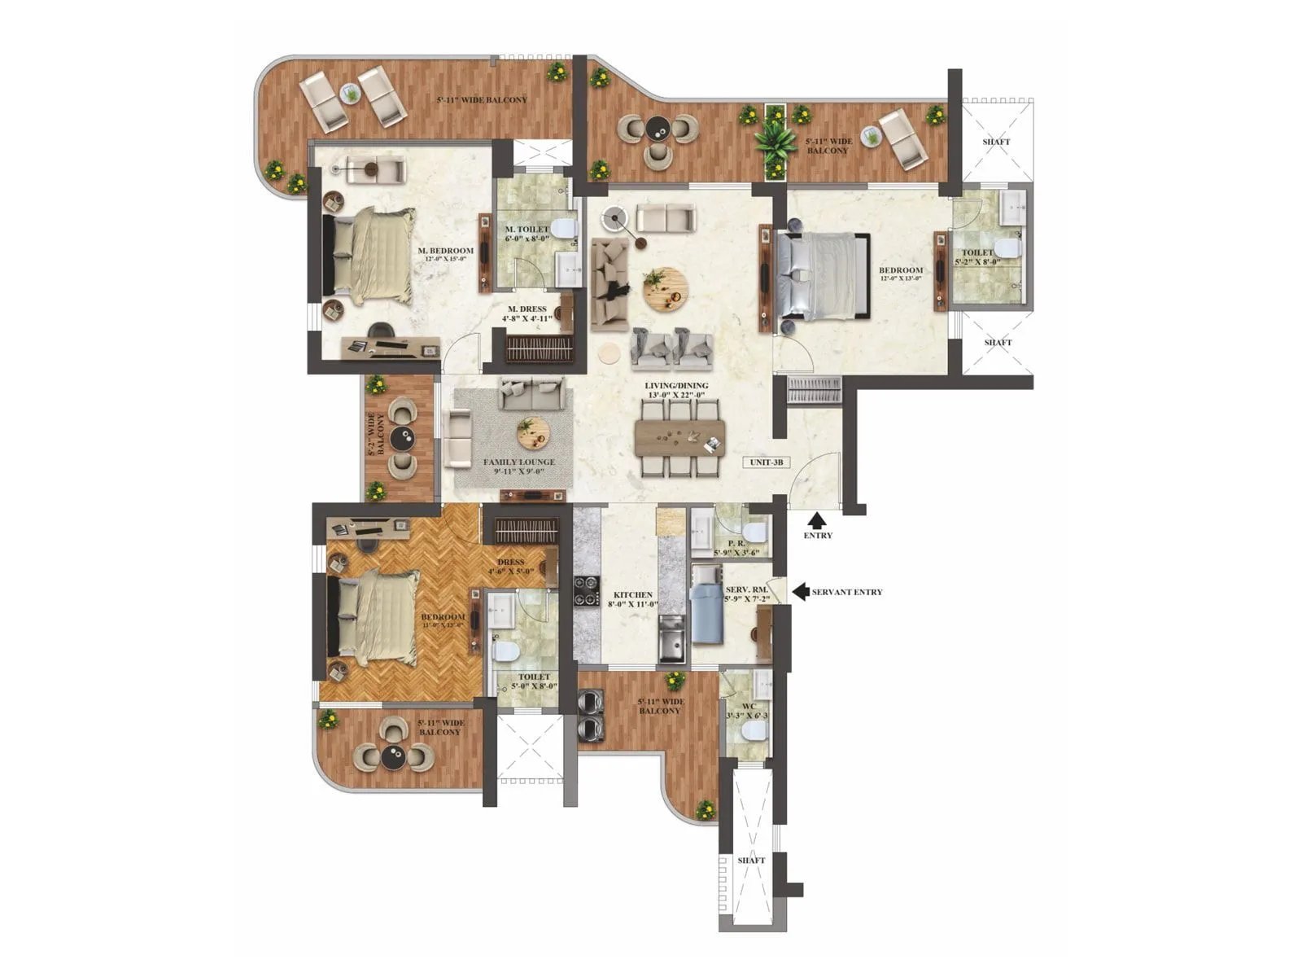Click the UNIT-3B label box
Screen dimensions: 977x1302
click(x=767, y=462)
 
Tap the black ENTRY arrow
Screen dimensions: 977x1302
click(x=817, y=520)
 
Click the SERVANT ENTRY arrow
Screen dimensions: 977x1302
click(x=801, y=591)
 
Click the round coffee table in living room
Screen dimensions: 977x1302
click(x=666, y=290)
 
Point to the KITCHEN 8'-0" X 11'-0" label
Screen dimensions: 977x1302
click(x=632, y=599)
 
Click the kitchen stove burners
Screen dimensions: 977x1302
click(x=586, y=592)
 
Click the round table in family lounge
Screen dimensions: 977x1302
click(x=532, y=432)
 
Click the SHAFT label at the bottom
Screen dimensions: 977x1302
click(x=751, y=861)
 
